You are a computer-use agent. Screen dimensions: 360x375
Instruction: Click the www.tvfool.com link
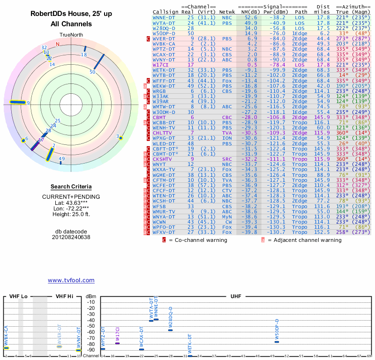[71, 280]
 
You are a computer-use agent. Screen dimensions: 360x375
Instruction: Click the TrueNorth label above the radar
[71, 35]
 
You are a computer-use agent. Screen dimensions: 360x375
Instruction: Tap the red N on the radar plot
[58, 44]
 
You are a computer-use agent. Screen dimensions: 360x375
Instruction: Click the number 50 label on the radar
[92, 72]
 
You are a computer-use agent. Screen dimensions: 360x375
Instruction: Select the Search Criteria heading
[71, 187]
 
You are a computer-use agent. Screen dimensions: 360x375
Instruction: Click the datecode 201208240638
[71, 237]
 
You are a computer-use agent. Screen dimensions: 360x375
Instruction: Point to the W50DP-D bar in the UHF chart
[277, 342]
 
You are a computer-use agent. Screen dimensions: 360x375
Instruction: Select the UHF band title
[236, 296]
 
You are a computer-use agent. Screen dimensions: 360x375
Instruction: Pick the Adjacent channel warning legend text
[305, 240]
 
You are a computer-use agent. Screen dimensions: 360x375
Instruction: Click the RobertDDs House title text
[71, 14]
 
